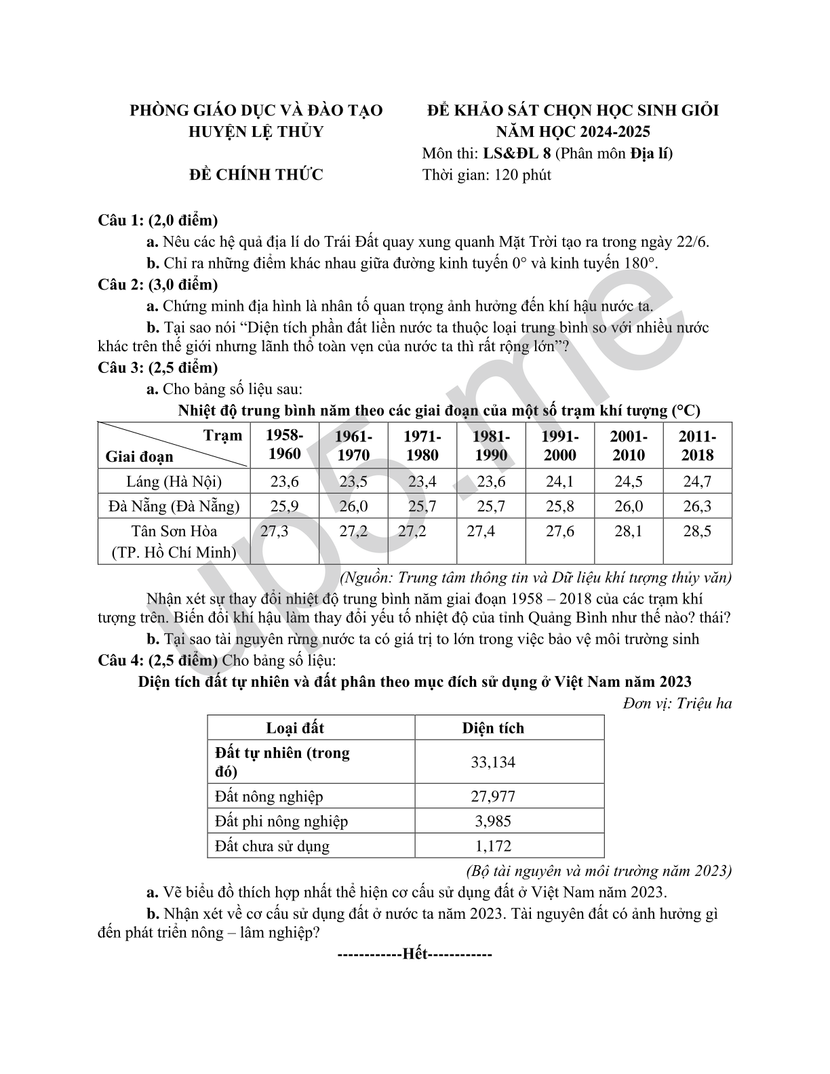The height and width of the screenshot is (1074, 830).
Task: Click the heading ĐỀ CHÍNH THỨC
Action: pyautogui.click(x=256, y=175)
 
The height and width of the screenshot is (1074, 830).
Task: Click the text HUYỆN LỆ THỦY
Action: pyautogui.click(x=256, y=132)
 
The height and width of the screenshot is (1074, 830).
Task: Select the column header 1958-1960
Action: pyautogui.click(x=284, y=445)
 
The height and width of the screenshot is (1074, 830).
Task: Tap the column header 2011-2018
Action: pyautogui.click(x=697, y=445)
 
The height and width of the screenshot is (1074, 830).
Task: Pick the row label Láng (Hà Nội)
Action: pyautogui.click(x=174, y=481)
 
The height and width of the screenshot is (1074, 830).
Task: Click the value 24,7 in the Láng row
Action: pyautogui.click(x=697, y=481)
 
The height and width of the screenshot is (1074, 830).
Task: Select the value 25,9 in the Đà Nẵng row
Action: pyautogui.click(x=284, y=506)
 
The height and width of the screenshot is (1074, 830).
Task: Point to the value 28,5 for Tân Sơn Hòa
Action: pyautogui.click(x=697, y=531)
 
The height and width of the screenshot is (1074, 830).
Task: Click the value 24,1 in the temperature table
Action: pyautogui.click(x=559, y=481)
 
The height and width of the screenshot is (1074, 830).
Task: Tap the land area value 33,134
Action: pyautogui.click(x=493, y=762)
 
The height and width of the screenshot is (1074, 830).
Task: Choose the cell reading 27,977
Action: pyautogui.click(x=493, y=797)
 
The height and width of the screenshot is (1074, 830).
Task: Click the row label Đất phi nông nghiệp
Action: pyautogui.click(x=281, y=821)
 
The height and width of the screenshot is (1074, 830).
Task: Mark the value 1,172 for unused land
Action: pyautogui.click(x=493, y=846)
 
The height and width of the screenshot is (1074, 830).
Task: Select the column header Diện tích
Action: pyautogui.click(x=493, y=728)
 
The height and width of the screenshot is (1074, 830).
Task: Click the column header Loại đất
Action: pyautogui.click(x=295, y=728)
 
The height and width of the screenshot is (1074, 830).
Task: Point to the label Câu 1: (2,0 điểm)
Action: pyautogui.click(x=158, y=220)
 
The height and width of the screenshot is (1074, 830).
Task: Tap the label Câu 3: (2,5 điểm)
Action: pyautogui.click(x=158, y=367)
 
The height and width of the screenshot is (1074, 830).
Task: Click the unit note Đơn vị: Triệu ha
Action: pyautogui.click(x=677, y=703)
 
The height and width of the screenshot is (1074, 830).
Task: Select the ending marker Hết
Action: pyautogui.click(x=414, y=954)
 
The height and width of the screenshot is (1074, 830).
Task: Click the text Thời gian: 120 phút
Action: pyautogui.click(x=486, y=175)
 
